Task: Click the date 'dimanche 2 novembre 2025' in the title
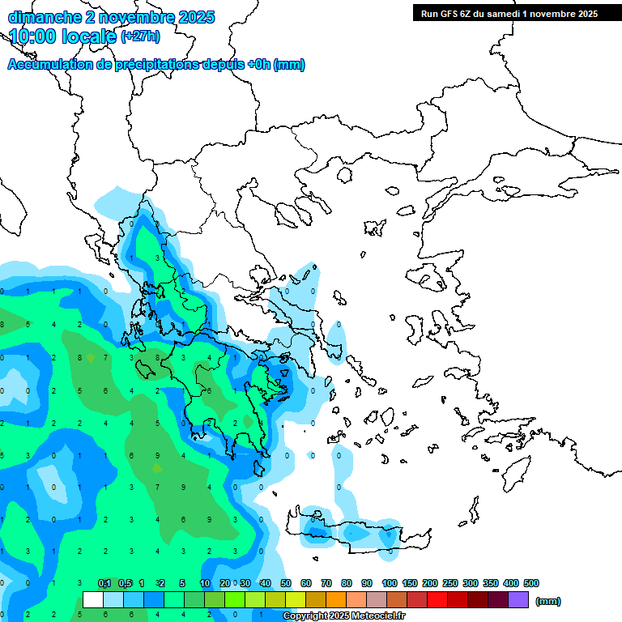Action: coord(111,17)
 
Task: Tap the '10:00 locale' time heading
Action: coord(63,36)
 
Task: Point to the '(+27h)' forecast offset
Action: coord(140,36)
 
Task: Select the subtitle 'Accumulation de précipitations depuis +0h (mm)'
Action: coord(156,65)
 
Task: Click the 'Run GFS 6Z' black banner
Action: coord(505,13)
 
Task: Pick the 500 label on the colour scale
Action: coord(531,583)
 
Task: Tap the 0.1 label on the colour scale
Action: coord(104,583)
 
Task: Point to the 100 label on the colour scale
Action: coord(389,583)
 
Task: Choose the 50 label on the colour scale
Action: coord(286,583)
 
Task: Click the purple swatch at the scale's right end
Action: coord(518,599)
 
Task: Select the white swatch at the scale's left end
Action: coord(93,599)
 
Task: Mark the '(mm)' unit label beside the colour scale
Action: coord(548,601)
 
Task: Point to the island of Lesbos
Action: coord(429,278)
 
